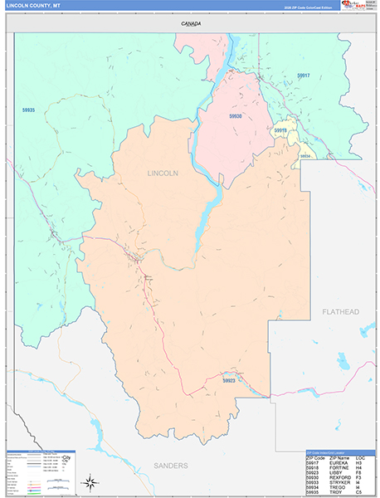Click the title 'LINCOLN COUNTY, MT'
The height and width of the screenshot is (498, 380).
[33, 6]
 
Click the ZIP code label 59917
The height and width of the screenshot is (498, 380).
[302, 76]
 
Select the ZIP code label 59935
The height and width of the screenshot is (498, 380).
[29, 110]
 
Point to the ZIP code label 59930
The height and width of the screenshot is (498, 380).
[236, 116]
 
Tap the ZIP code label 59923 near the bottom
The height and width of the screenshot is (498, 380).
[230, 380]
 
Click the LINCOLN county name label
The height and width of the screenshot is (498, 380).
[162, 173]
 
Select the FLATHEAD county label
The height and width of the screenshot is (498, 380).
[340, 311]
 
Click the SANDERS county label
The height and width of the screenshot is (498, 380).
[170, 466]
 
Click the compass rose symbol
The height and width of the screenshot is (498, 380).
[89, 481]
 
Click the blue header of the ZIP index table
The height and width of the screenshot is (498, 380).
[342, 453]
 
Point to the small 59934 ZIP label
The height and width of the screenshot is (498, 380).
[305, 155]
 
